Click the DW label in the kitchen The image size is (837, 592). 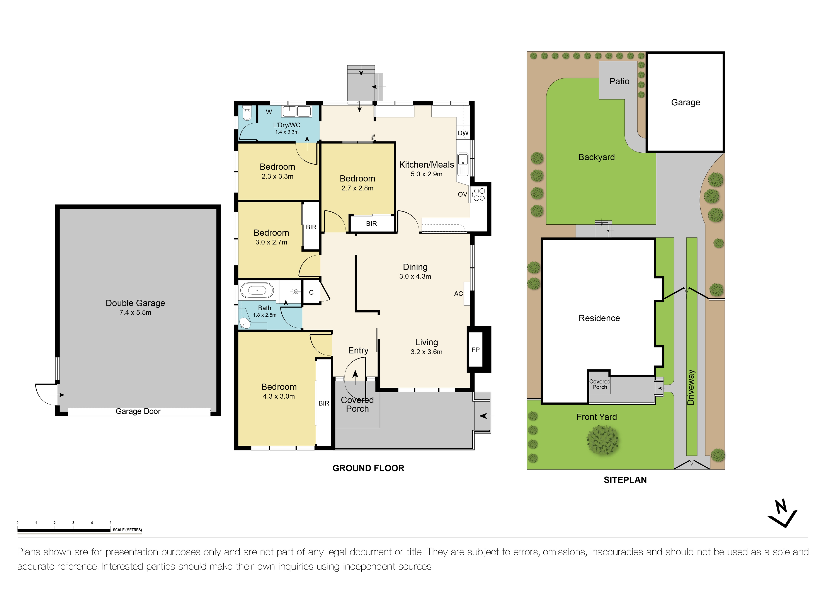click(463, 133)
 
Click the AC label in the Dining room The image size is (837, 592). click(458, 294)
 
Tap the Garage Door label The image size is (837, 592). click(138, 411)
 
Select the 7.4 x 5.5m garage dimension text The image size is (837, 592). click(135, 313)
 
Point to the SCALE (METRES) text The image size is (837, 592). click(127, 530)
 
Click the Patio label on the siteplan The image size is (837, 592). click(619, 81)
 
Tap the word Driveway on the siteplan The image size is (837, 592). click(691, 387)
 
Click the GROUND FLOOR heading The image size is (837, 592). click(368, 468)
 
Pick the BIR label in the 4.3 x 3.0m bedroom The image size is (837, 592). click(324, 403)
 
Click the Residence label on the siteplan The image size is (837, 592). click(599, 318)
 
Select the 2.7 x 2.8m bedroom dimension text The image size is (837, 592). click(357, 188)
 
